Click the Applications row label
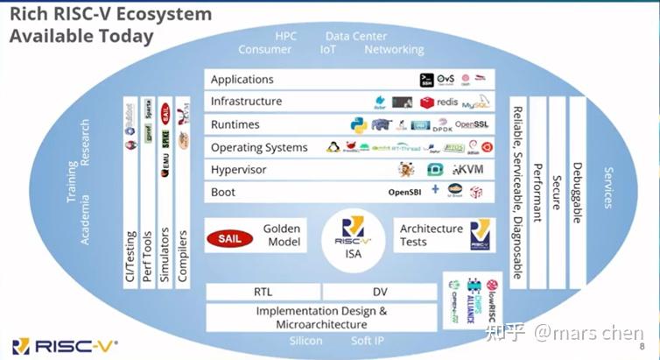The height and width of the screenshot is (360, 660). (x=242, y=80)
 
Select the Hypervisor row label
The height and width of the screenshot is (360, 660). (x=239, y=169)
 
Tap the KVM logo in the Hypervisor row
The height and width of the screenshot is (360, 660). (x=470, y=170)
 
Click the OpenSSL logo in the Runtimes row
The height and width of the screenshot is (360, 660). (x=477, y=124)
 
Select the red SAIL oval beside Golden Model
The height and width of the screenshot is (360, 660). (x=228, y=236)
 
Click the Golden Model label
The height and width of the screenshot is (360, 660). (x=282, y=235)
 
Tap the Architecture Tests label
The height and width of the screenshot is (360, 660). (x=431, y=235)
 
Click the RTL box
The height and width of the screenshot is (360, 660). (x=263, y=292)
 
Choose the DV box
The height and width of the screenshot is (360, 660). (x=377, y=292)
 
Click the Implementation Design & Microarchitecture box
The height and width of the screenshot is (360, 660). (x=321, y=317)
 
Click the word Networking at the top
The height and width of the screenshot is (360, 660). (x=394, y=50)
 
